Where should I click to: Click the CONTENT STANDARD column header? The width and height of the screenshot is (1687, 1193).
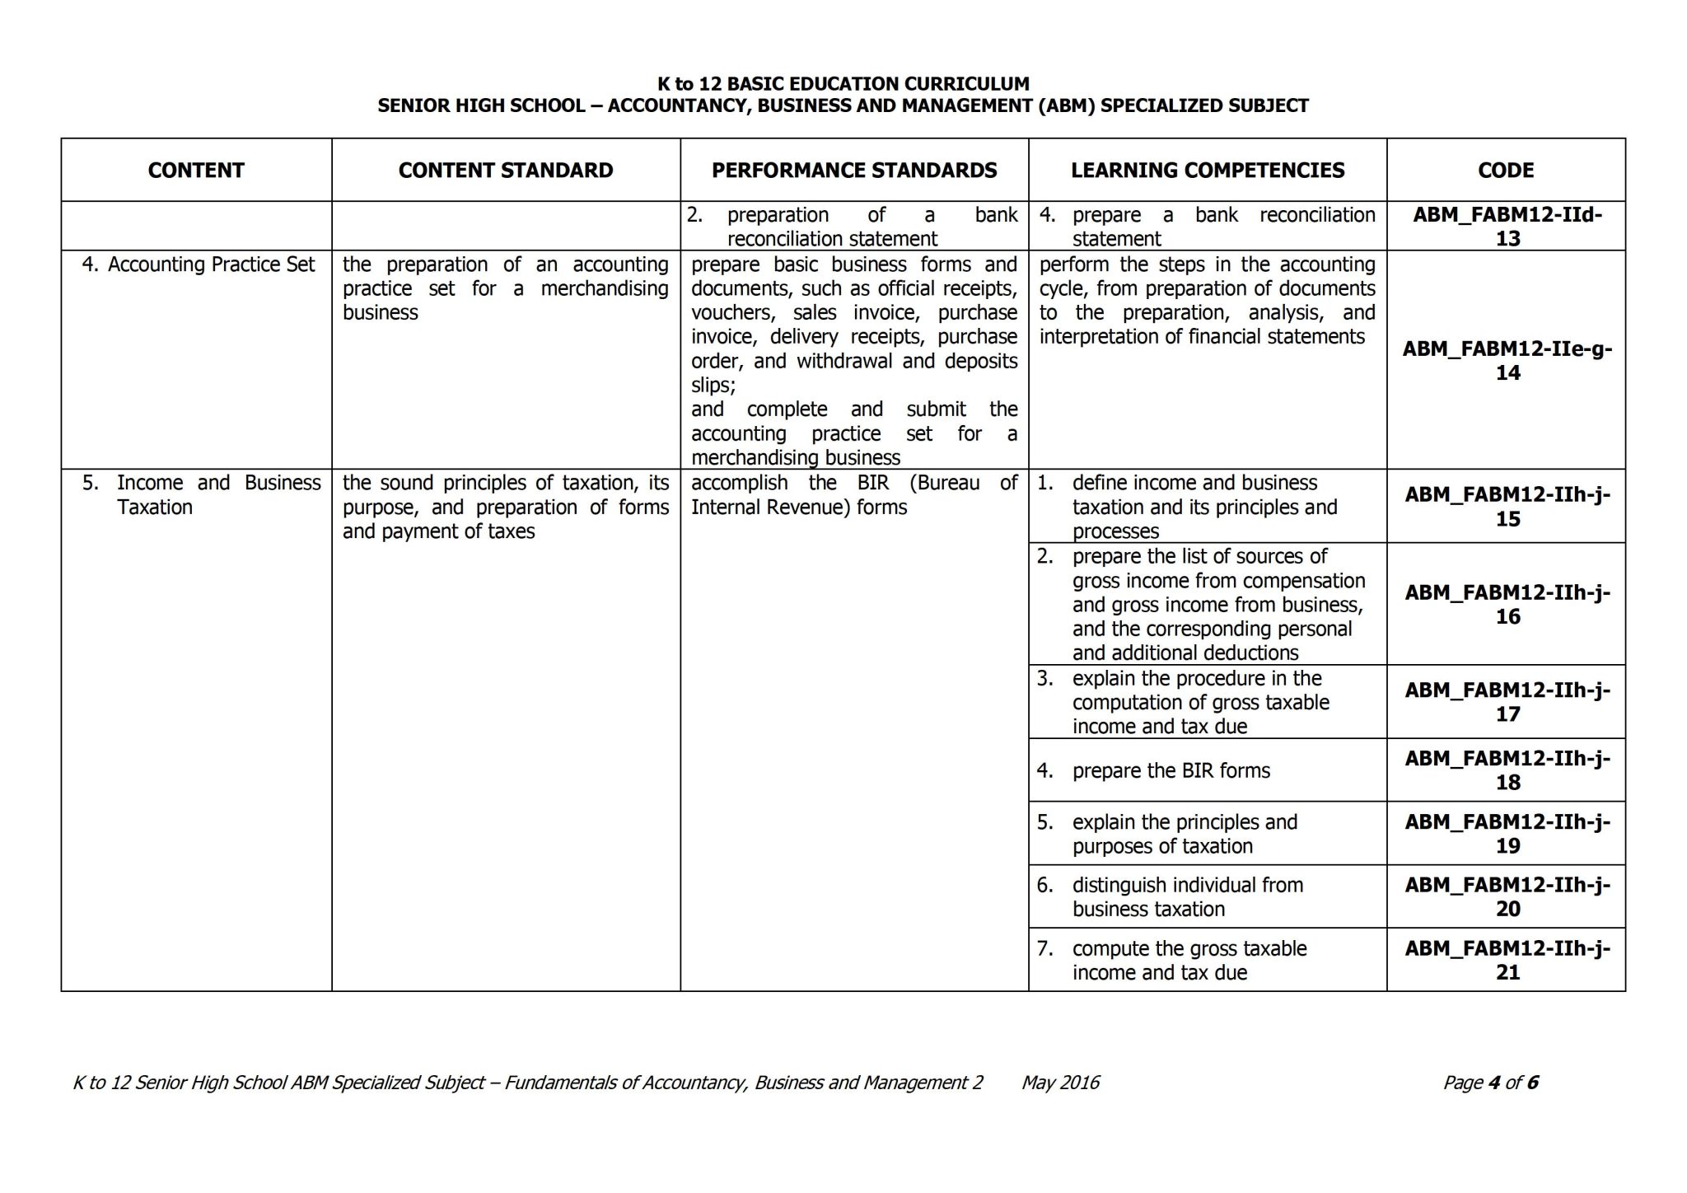pos(506,171)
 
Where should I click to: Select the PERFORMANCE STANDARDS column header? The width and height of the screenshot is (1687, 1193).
pos(854,171)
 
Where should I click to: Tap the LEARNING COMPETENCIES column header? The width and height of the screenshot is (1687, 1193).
pos(1207,171)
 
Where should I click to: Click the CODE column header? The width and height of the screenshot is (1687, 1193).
pos(1505,171)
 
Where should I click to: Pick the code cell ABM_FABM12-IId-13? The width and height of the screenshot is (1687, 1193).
pos(1507,227)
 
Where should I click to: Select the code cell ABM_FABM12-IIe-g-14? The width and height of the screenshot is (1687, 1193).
pos(1507,360)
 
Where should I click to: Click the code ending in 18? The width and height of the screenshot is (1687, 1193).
pos(1507,770)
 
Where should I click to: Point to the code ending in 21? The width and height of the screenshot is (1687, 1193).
pos(1507,960)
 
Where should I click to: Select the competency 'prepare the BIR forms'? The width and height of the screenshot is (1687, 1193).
pos(1171,770)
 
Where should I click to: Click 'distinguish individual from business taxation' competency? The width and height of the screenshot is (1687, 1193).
pos(1187,896)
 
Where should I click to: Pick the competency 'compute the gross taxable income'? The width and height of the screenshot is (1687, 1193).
pos(1189,960)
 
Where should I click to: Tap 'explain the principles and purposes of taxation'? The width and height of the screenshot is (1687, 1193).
pos(1184,834)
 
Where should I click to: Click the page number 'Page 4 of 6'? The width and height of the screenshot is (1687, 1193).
pos(1490,1083)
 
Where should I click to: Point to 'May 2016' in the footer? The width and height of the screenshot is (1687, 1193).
pos(1060,1083)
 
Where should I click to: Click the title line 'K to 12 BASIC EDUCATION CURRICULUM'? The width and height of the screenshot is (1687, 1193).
pos(843,83)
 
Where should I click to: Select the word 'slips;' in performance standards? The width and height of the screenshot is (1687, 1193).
pos(713,385)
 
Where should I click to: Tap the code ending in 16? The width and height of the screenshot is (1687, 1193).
pos(1507,604)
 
